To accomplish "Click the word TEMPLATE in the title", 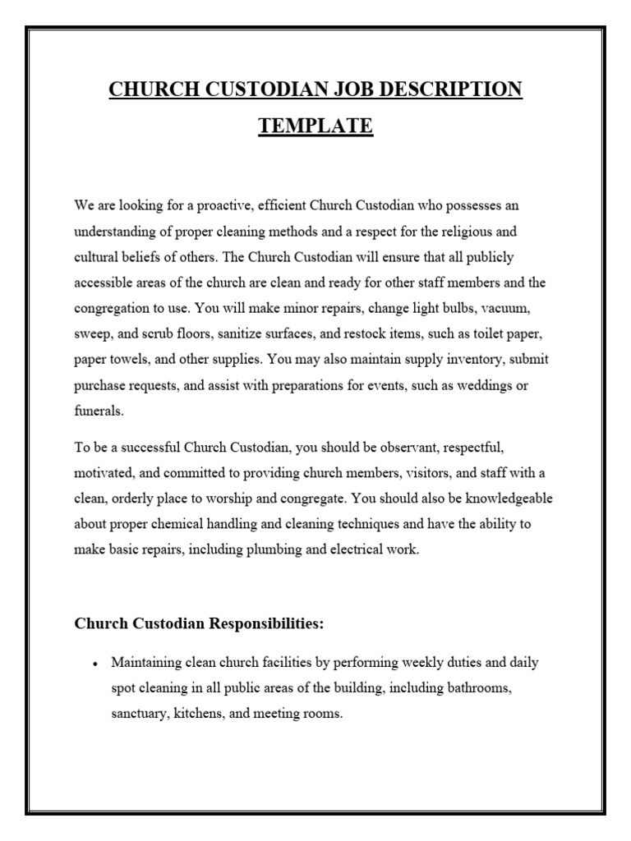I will tap(315, 126).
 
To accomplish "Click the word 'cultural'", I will tap(96, 257).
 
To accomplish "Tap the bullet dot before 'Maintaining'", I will tap(96, 663).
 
